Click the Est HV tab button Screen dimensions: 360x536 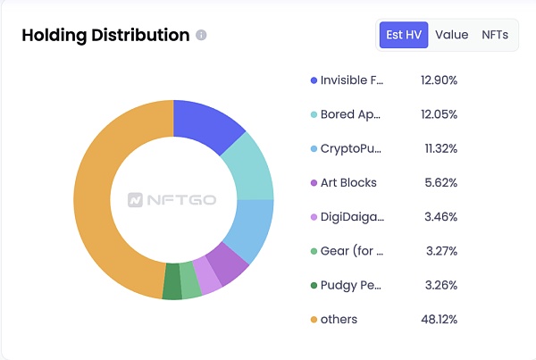tap(404, 35)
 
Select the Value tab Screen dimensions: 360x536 tap(452, 35)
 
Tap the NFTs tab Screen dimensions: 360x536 tap(495, 35)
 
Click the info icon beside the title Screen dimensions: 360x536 tap(201, 36)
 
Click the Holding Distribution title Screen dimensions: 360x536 tap(105, 35)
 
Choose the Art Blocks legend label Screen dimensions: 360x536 tap(348, 182)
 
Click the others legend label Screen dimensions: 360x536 tap(339, 319)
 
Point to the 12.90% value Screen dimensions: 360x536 tap(439, 80)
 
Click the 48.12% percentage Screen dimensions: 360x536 tap(439, 319)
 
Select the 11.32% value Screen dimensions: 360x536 tap(439, 148)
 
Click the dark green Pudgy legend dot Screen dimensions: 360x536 tap(314, 285)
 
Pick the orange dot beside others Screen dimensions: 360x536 tap(314, 319)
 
